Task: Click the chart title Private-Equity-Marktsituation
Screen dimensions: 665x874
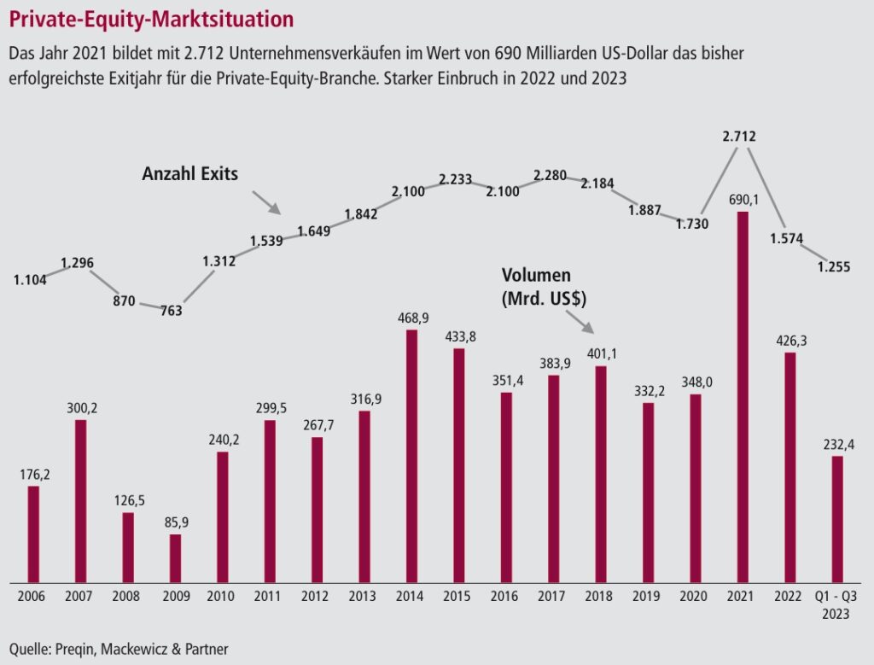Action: [152, 19]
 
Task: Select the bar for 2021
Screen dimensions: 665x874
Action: [743, 397]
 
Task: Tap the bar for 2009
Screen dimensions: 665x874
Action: [175, 557]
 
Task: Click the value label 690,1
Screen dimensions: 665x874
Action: [742, 198]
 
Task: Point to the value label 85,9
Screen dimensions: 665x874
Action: [175, 520]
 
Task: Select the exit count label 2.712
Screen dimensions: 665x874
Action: [738, 137]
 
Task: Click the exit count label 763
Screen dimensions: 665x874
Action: [171, 311]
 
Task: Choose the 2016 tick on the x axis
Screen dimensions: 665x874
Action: [506, 595]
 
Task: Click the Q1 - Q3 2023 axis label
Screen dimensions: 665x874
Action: [836, 604]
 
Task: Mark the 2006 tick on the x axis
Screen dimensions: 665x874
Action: [32, 595]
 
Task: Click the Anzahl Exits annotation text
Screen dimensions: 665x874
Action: [189, 174]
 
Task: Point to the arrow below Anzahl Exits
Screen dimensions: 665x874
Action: [266, 202]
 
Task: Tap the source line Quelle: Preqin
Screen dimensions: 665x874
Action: [119, 648]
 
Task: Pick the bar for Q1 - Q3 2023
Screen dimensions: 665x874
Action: [837, 519]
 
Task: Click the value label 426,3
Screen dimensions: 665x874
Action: [790, 340]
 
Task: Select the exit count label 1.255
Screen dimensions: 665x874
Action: [834, 267]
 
